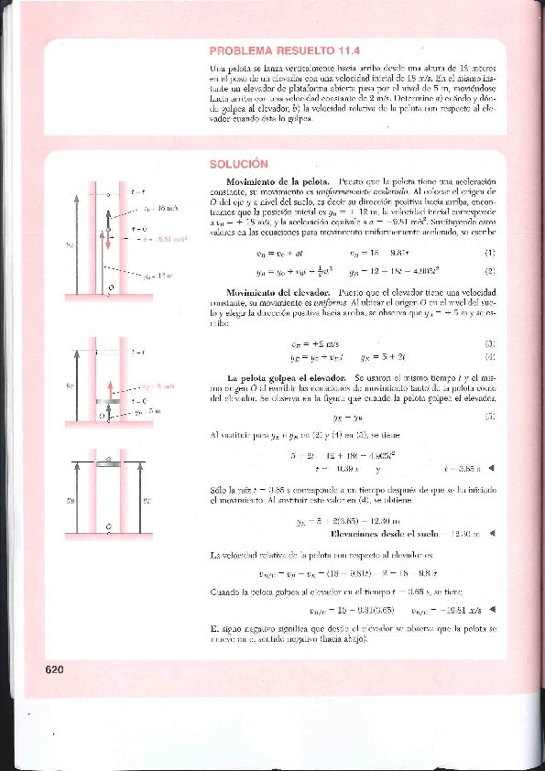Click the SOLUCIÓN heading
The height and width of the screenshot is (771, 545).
click(x=237, y=164)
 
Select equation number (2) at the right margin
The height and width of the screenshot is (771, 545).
click(x=489, y=271)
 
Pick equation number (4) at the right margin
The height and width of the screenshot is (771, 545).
click(x=489, y=358)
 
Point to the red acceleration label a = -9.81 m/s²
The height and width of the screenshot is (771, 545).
click(x=164, y=239)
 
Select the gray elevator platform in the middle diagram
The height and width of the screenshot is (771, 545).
click(x=109, y=400)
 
